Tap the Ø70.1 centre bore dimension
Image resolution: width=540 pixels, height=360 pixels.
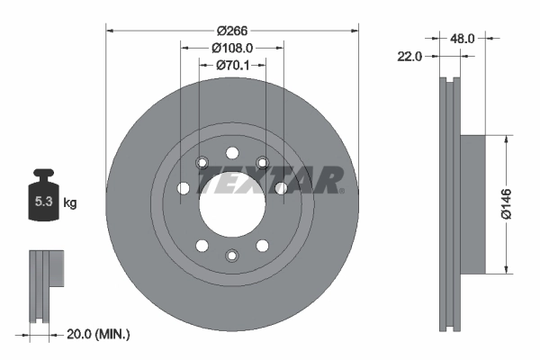click(232, 65)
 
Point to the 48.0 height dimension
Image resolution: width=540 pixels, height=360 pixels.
click(462, 39)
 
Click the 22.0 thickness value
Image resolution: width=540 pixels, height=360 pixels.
click(409, 56)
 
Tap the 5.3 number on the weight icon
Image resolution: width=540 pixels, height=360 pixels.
click(42, 203)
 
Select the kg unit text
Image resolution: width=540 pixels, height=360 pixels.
click(70, 203)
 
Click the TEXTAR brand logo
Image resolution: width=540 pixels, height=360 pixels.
click(268, 181)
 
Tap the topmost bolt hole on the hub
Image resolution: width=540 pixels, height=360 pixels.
click(231, 151)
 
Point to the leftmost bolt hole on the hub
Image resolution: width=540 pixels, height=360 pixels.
click(183, 188)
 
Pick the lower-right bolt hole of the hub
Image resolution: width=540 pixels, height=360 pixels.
click(262, 244)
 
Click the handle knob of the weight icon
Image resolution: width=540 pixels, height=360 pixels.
click(42, 173)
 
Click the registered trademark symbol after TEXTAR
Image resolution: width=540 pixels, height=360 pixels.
click(342, 190)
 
